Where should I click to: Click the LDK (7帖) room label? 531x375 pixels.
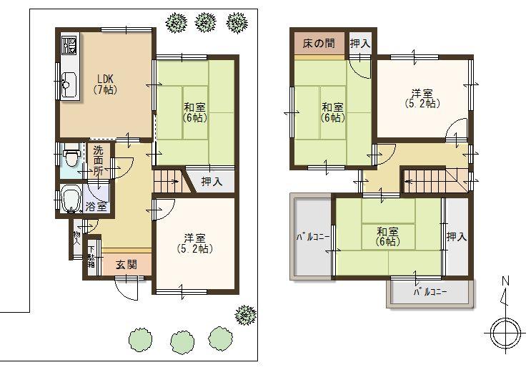(104, 84)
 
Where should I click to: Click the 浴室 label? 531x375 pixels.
(97, 206)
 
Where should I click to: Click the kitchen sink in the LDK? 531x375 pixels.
(69, 86)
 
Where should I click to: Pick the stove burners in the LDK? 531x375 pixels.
(69, 47)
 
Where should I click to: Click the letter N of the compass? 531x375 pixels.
(505, 282)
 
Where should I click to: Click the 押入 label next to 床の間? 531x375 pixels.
(360, 44)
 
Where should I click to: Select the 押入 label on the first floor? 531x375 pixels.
(212, 182)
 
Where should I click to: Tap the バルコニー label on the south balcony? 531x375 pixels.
(431, 293)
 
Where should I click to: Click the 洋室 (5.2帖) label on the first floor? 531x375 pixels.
(194, 243)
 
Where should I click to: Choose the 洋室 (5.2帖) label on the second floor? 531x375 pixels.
(422, 97)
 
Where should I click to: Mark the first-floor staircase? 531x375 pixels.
(169, 182)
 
